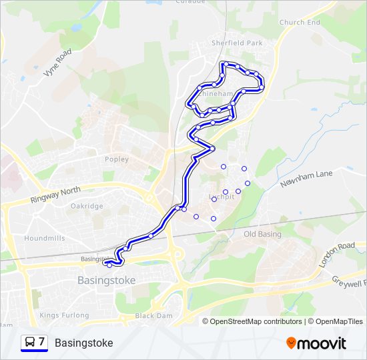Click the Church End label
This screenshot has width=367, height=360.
click(300, 22)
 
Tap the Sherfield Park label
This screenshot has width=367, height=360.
click(237, 43)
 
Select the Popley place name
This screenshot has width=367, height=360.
click(116, 159)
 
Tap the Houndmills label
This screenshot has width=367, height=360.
click(44, 238)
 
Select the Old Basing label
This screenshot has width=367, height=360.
click(262, 234)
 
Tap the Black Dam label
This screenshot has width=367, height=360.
click(153, 315)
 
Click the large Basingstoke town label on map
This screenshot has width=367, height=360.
click(106, 280)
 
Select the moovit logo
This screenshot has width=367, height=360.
click(316, 343)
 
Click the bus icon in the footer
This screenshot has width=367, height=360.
click(30, 343)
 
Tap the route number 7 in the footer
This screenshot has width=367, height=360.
click(42, 342)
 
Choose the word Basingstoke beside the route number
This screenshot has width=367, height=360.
click(83, 343)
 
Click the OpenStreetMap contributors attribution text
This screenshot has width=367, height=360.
click(256, 321)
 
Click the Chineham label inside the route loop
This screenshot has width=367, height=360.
click(216, 94)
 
